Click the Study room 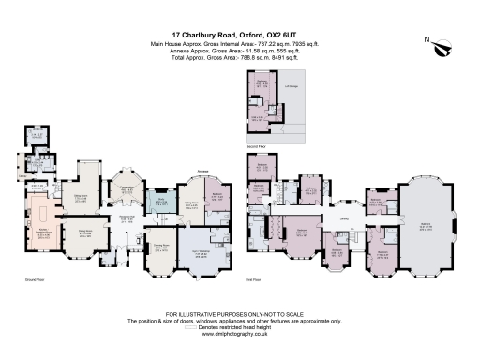(160, 202)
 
